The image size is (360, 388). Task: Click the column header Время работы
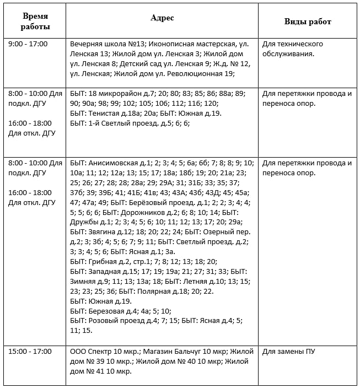(35, 21)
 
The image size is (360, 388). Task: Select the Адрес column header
(162, 18)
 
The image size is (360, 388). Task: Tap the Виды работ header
(308, 21)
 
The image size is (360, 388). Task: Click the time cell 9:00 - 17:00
(28, 44)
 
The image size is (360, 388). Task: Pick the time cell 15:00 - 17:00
(30, 351)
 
